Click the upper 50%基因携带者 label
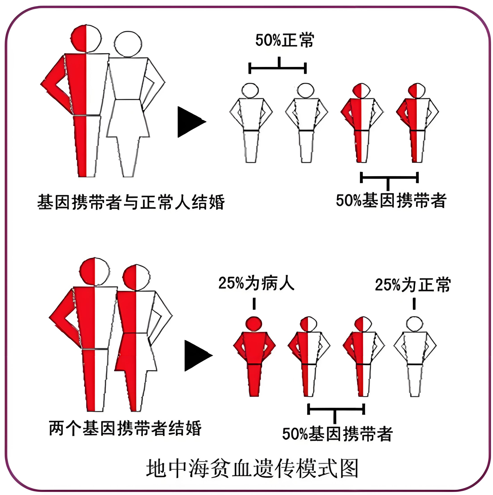point(391,200)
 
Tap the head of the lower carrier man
point(94,272)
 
